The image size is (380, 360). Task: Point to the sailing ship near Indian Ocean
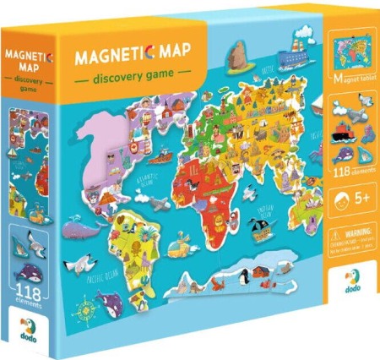(258, 226)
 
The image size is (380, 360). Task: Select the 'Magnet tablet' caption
(347, 81)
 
